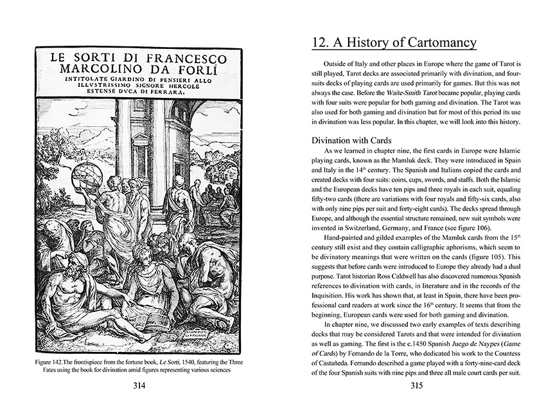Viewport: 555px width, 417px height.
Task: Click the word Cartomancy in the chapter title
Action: (x=437, y=43)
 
